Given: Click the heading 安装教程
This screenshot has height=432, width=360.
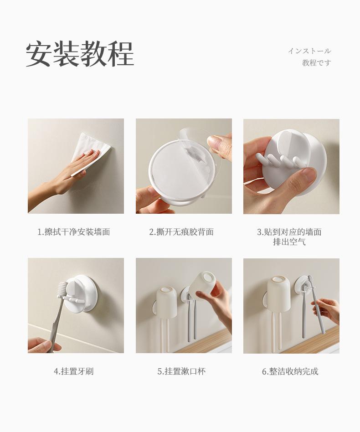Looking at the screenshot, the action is pyautogui.click(x=80, y=54).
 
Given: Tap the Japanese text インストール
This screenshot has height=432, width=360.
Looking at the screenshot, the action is pyautogui.click(x=309, y=51).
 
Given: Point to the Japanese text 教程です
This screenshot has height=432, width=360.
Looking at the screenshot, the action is pyautogui.click(x=316, y=63).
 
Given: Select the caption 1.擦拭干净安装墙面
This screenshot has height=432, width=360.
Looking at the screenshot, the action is pyautogui.click(x=74, y=232).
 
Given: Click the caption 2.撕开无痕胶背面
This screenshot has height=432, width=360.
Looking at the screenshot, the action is pyautogui.click(x=181, y=232).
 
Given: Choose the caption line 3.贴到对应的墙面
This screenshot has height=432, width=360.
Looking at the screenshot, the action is pyautogui.click(x=289, y=232).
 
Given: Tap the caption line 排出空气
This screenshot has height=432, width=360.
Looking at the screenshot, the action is pyautogui.click(x=289, y=242).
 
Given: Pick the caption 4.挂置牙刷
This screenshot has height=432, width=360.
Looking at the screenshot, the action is pyautogui.click(x=74, y=371).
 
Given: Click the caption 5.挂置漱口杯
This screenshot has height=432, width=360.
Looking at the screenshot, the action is pyautogui.click(x=181, y=371).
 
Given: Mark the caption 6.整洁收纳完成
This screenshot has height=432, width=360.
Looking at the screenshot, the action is pyautogui.click(x=290, y=371).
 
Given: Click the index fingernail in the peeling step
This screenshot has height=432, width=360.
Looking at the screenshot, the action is pyautogui.click(x=214, y=142).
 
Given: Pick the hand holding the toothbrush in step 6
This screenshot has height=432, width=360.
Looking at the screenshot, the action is pyautogui.click(x=326, y=310).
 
